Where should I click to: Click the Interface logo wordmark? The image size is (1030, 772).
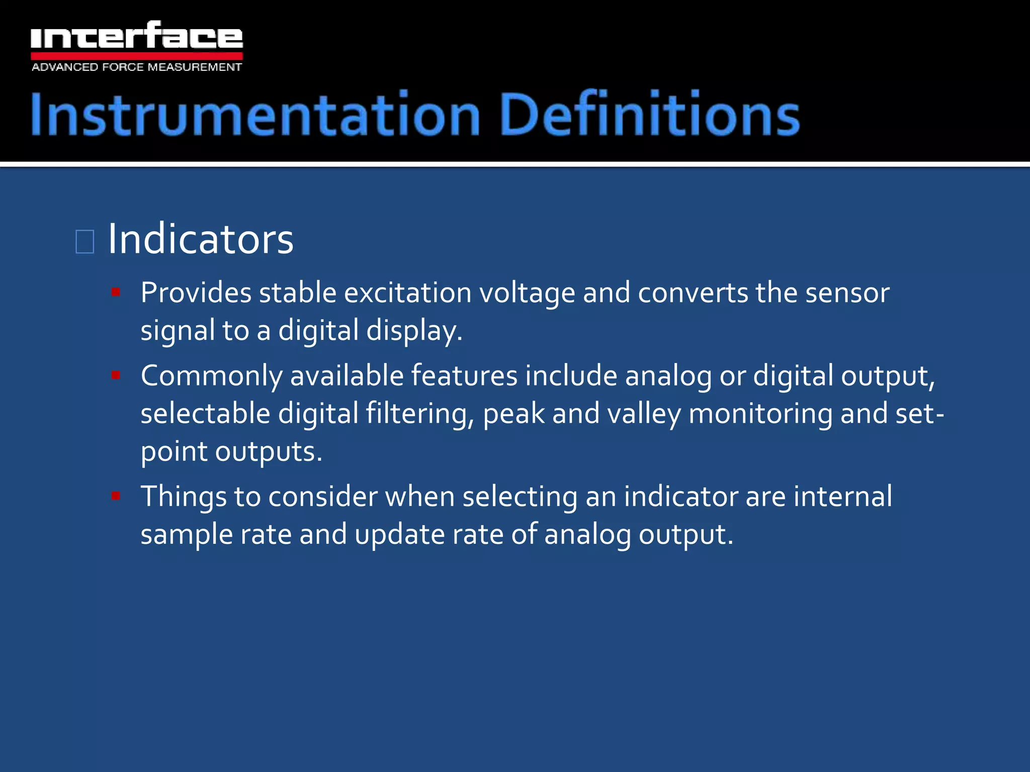[x=136, y=36]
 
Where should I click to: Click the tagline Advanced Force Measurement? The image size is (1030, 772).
[x=136, y=67]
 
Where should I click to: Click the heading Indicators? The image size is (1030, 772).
[x=200, y=239]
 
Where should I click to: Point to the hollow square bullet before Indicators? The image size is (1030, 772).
[x=84, y=242]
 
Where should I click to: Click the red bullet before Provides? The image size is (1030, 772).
[x=116, y=292]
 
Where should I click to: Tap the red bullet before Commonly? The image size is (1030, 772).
[x=116, y=375]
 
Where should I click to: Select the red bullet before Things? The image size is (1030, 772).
[x=116, y=496]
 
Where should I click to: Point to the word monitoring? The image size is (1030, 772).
[x=760, y=415]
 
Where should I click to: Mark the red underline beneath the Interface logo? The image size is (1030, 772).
[x=136, y=55]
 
